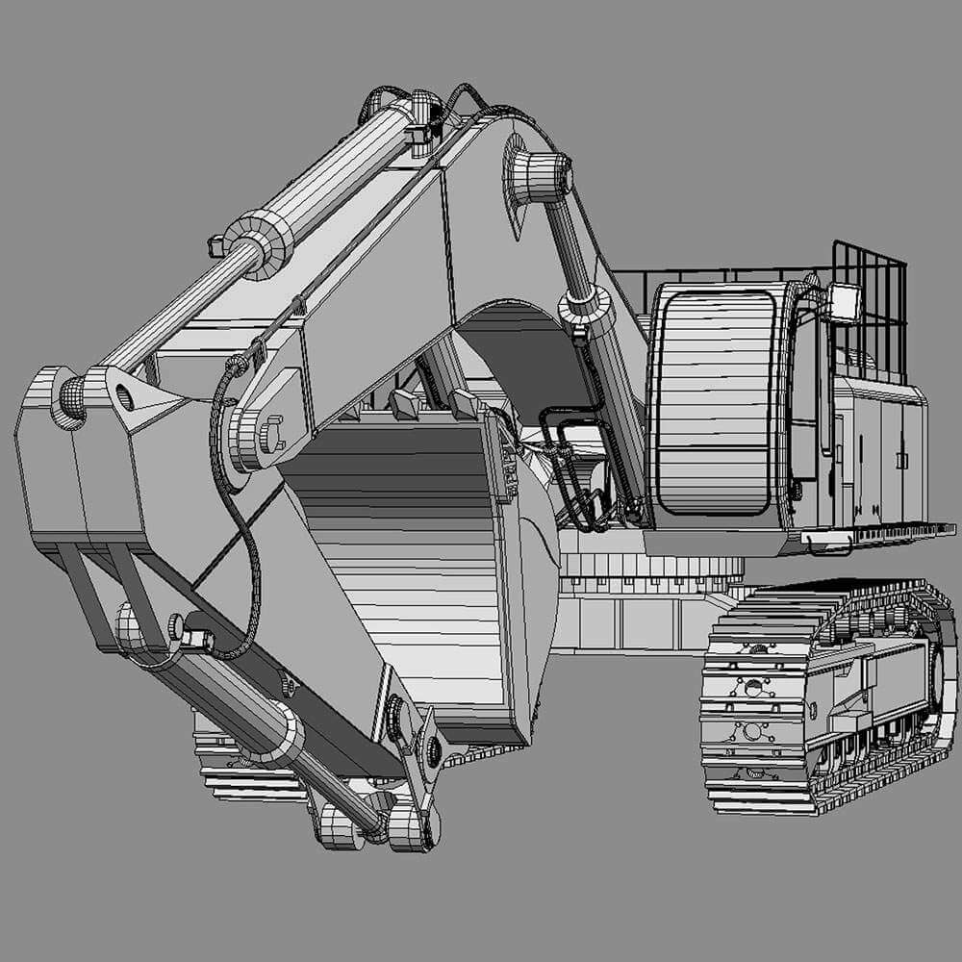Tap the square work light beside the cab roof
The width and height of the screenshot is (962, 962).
[x=844, y=302]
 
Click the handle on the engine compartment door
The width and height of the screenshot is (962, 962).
[x=901, y=461]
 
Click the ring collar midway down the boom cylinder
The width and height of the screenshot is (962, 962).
[x=585, y=307]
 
